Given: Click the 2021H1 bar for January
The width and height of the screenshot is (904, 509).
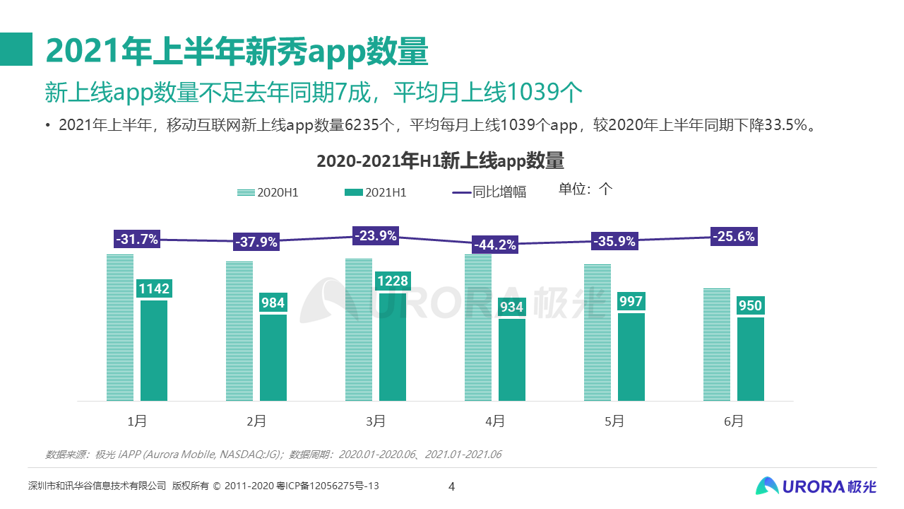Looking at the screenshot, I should pos(154,351).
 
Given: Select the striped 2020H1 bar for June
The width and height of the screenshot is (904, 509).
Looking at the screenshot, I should pos(717,344).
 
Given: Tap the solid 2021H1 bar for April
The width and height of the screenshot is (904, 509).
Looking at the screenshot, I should pos(512,360).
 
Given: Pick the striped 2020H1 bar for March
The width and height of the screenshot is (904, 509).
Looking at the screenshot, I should pos(359,329).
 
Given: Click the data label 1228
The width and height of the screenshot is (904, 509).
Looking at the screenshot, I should pos(392,281).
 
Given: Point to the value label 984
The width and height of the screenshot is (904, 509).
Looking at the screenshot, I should pos(273,303).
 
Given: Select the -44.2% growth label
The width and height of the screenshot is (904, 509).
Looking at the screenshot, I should pos(495,245).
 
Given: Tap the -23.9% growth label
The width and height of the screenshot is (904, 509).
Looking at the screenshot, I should pos(376,235).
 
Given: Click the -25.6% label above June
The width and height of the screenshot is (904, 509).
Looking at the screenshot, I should pos(733,236).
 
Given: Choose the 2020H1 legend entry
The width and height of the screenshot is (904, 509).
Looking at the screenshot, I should pos(268,192).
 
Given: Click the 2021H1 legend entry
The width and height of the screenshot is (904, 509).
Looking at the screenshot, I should pos(375,192).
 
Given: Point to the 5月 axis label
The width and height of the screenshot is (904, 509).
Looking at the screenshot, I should pos(614,421).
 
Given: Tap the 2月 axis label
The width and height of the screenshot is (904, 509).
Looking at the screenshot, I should pos(256,421).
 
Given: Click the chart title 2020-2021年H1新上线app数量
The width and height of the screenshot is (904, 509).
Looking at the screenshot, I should pos(440,161).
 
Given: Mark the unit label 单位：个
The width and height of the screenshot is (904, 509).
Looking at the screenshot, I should pos(585,189).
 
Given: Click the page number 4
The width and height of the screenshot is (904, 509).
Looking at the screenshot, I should pos(452,486).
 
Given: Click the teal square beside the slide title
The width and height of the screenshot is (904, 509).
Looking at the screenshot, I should pos(16,49).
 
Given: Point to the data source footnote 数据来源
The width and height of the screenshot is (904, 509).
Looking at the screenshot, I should pos(273,454).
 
